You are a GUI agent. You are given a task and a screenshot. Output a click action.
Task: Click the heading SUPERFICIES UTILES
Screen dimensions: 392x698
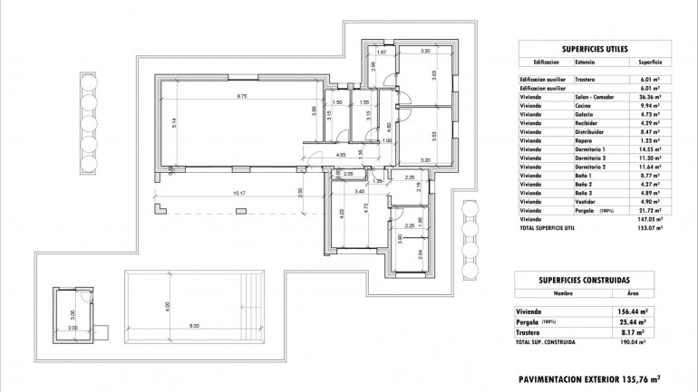589,50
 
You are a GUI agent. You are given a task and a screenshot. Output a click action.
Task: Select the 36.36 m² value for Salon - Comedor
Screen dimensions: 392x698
648,96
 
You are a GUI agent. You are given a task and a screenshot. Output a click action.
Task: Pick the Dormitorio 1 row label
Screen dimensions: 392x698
591,148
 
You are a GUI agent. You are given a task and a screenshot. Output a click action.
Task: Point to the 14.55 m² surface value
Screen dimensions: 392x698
648,148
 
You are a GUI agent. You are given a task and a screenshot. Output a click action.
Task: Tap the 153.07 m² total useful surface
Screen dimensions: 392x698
647,227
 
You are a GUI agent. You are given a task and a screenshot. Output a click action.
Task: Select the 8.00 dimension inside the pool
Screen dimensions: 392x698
195,325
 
